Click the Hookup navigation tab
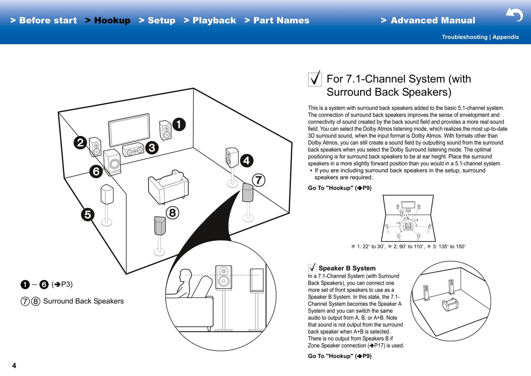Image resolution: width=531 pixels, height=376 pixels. click(x=112, y=21)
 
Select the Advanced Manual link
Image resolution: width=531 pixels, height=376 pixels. click(x=432, y=21)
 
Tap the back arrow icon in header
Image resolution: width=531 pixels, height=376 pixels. click(x=514, y=15)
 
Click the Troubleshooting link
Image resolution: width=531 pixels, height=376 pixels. click(x=464, y=37)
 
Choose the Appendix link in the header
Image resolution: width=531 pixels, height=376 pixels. click(x=506, y=37)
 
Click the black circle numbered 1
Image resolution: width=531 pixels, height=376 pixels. click(x=179, y=124)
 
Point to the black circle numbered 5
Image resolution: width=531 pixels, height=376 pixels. click(x=87, y=214)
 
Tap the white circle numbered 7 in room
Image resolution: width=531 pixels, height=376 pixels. click(x=259, y=180)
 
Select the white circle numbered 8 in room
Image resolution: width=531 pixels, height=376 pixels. click(x=172, y=213)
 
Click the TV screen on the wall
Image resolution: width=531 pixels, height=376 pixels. click(x=129, y=131)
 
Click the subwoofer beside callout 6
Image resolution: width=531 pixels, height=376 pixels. click(x=113, y=162)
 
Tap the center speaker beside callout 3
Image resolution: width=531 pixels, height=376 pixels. click(x=133, y=150)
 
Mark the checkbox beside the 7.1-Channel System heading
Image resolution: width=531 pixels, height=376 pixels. click(x=315, y=79)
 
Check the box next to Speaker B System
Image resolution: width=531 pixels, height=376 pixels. click(x=312, y=267)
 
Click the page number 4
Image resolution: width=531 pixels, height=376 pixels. click(x=14, y=365)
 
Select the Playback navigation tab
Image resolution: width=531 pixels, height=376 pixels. click(x=214, y=21)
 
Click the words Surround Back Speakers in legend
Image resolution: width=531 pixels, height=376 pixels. click(x=83, y=301)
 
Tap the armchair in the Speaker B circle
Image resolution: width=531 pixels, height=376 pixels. click(x=450, y=304)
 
